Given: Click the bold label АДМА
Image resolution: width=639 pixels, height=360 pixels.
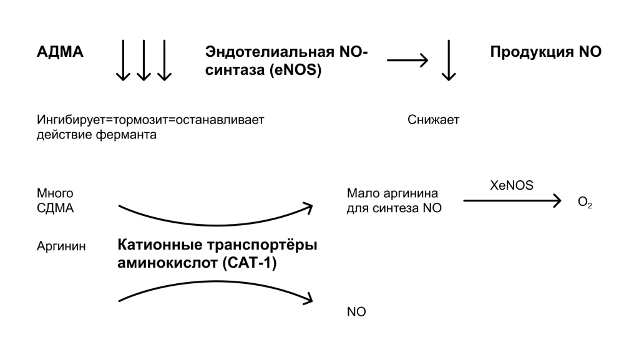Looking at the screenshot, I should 60,52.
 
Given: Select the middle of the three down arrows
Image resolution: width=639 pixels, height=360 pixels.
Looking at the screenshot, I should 144,60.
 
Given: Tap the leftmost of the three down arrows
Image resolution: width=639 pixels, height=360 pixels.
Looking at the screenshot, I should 123,60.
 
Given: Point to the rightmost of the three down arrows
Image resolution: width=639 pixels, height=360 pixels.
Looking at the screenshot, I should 164,60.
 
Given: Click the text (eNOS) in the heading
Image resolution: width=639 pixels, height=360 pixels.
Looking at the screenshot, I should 296,71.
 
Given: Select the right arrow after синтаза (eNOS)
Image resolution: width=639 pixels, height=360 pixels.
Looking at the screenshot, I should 407,61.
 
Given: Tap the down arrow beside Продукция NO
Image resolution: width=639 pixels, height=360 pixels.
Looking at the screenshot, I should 447,60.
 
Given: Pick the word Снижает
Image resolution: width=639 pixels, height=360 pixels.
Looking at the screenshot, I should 433,120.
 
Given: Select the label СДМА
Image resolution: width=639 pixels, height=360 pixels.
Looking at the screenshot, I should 56,208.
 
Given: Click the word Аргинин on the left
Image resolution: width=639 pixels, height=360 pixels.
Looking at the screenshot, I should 62,246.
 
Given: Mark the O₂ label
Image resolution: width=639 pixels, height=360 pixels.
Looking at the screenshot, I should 585,203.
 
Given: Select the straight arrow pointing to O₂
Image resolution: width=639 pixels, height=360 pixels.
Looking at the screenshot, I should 512,200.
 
